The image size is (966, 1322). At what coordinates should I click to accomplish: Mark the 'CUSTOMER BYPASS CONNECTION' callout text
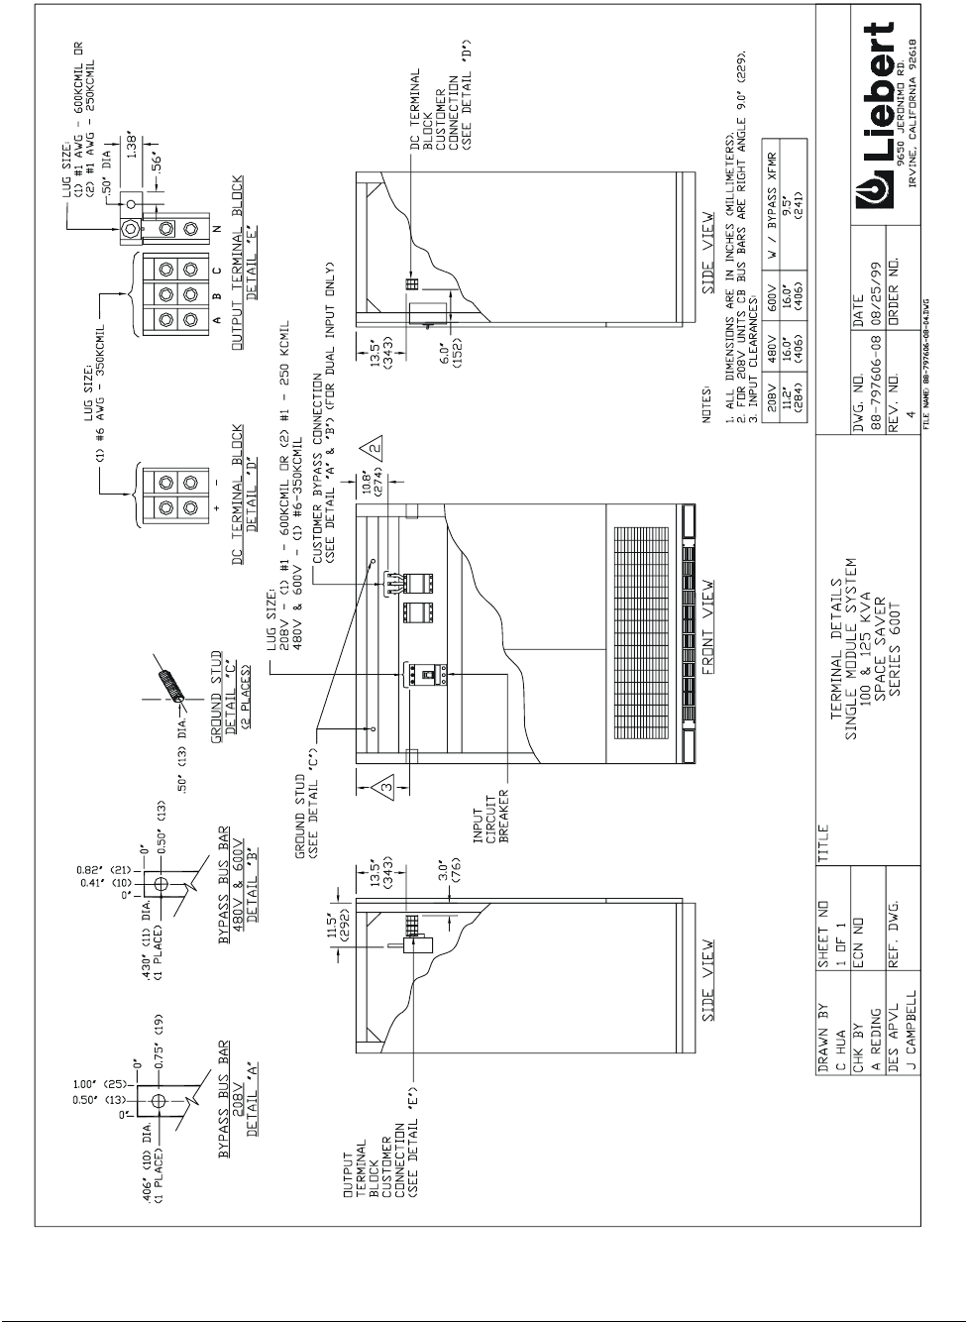(x=322, y=431)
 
